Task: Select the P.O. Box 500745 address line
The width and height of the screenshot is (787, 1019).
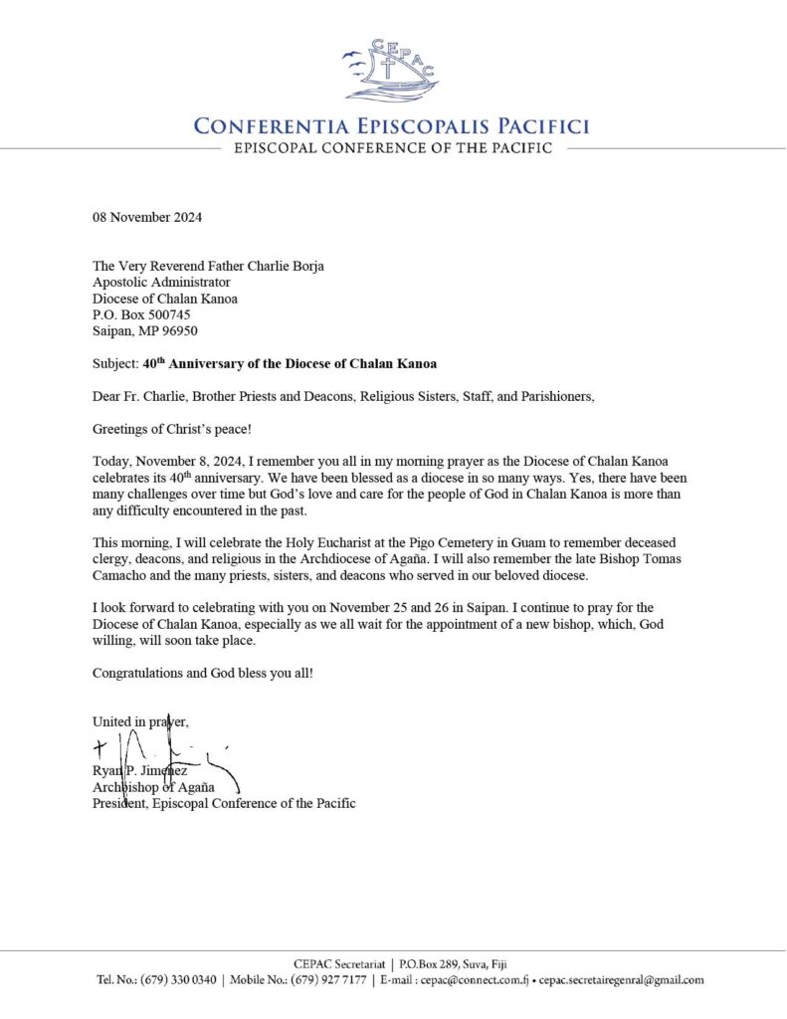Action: (x=141, y=313)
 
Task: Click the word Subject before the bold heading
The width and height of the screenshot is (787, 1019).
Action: (x=114, y=364)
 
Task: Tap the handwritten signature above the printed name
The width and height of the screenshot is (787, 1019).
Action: (x=164, y=751)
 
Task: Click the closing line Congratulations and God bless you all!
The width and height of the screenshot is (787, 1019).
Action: (x=203, y=673)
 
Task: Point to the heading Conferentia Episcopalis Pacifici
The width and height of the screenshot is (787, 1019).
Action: (x=392, y=126)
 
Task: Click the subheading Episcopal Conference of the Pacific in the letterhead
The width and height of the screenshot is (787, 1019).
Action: (x=392, y=148)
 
